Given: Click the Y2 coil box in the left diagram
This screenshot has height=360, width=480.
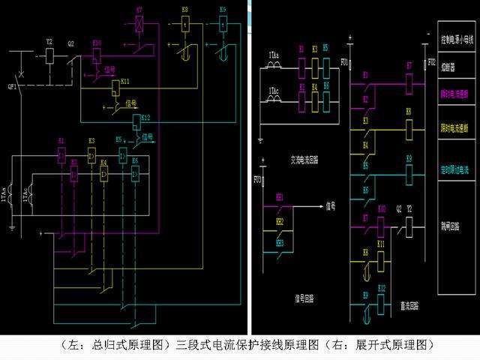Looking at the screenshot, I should [50, 55].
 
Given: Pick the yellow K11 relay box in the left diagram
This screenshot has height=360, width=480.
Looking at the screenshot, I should [115, 88].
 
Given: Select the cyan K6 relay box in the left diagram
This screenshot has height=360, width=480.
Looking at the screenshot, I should [135, 175].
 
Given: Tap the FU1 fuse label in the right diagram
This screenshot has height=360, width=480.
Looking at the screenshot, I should [344, 61].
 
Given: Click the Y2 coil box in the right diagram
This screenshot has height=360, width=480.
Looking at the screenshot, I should [409, 223].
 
